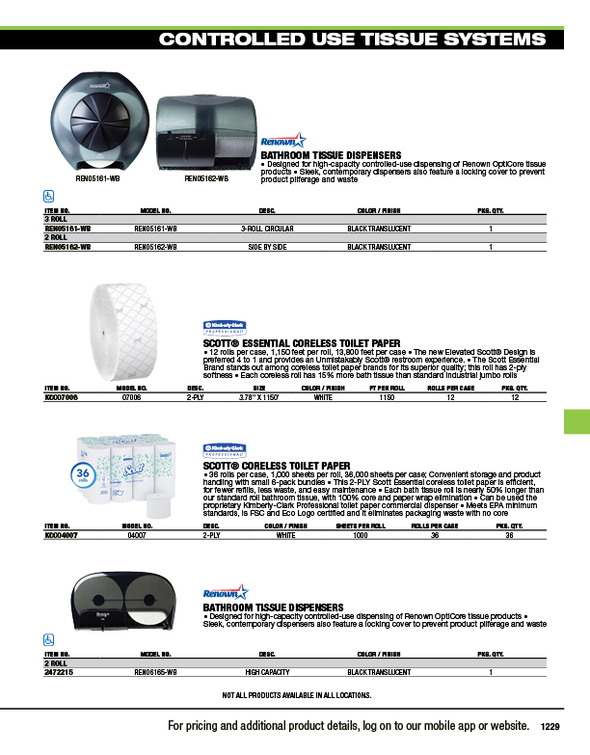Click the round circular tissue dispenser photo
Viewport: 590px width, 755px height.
click(99, 123)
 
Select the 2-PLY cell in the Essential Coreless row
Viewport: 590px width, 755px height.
click(196, 396)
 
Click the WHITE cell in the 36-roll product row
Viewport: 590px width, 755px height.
click(285, 534)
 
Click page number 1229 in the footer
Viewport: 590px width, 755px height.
click(550, 726)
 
